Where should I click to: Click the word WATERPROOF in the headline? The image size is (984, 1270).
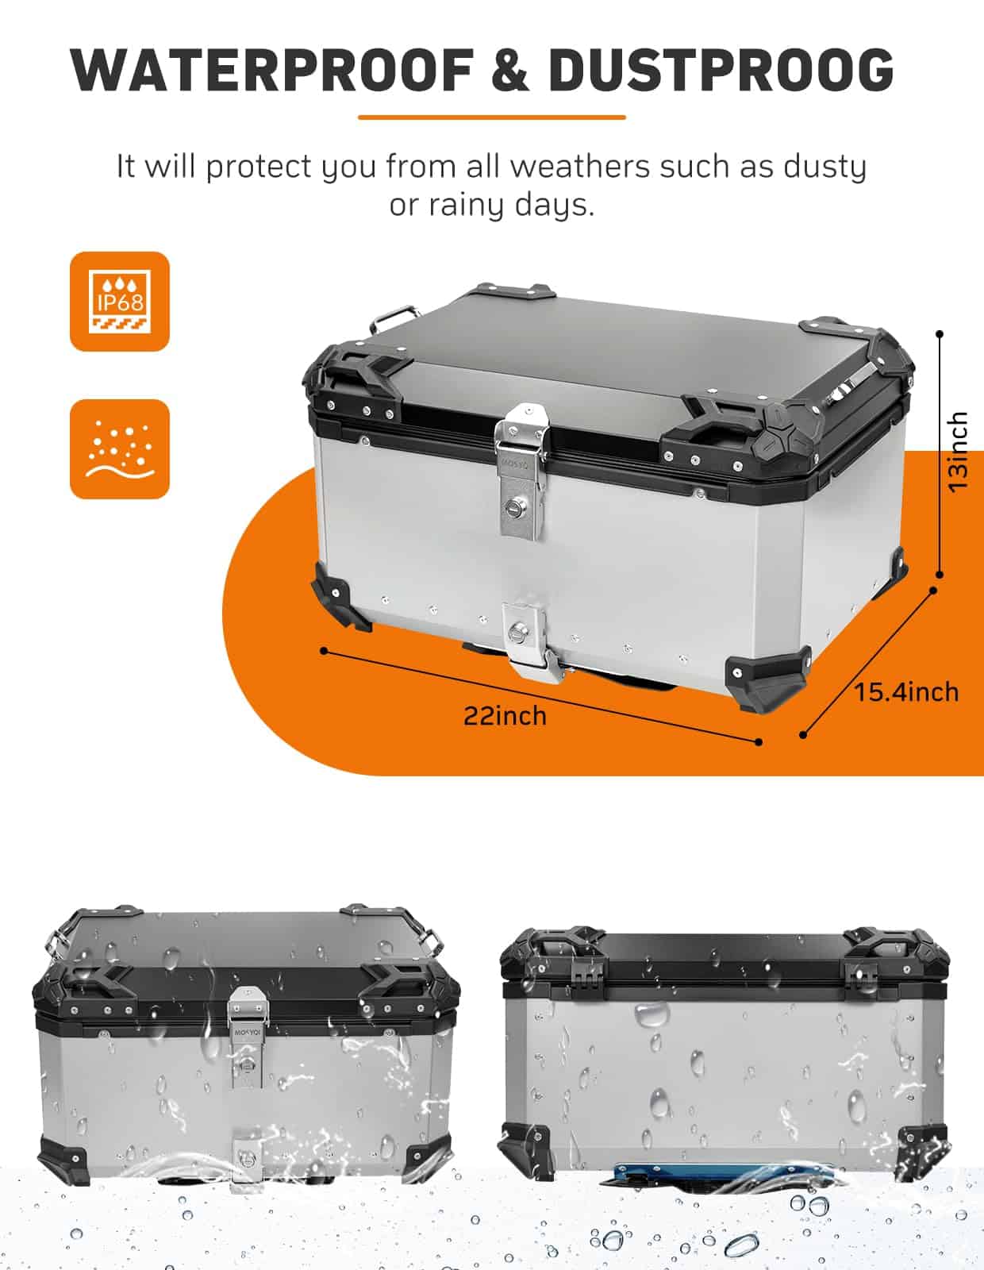(271, 70)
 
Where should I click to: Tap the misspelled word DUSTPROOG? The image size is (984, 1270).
(721, 70)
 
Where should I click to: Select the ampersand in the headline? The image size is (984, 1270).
(511, 70)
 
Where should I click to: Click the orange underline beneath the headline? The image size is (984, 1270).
(492, 117)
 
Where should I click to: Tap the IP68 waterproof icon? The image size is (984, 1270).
(120, 302)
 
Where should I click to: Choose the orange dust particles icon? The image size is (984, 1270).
(120, 448)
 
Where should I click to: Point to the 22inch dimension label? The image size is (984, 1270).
(505, 717)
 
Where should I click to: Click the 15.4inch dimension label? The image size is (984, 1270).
(906, 693)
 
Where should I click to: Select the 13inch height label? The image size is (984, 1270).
(959, 452)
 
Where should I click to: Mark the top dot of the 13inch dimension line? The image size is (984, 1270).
(940, 333)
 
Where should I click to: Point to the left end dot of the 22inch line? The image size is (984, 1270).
(325, 651)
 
